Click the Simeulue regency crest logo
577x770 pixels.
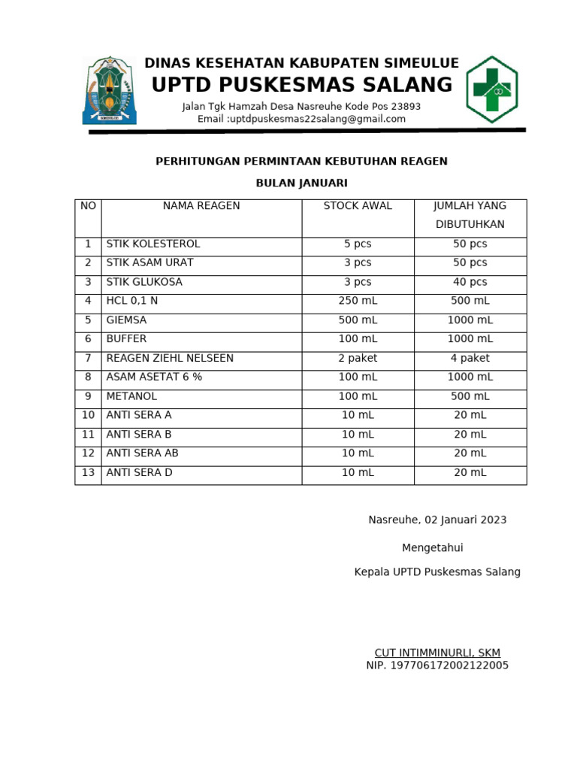[x=109, y=89]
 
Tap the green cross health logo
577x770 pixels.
[x=491, y=89]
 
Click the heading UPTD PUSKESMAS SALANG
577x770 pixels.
[x=302, y=85]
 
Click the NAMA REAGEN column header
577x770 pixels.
[x=201, y=206]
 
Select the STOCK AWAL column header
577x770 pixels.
[x=358, y=206]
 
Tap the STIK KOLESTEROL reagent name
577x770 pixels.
[x=153, y=244]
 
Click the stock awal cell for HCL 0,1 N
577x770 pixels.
[x=358, y=301]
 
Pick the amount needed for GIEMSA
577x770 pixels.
[x=470, y=320]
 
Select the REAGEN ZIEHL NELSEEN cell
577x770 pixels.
[x=170, y=359]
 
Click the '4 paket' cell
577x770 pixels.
[x=470, y=359]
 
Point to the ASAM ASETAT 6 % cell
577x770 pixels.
[x=154, y=377]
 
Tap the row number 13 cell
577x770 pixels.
[x=88, y=473]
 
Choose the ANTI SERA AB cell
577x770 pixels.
[x=142, y=453]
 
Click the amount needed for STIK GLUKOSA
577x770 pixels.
[x=470, y=282]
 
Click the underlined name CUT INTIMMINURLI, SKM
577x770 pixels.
[x=437, y=653]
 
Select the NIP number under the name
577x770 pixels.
[x=437, y=665]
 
